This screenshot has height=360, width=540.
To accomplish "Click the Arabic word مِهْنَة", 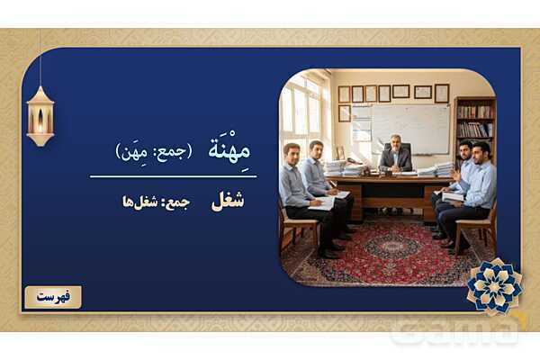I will coord(227,150).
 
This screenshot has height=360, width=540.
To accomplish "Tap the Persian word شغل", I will coord(228,201).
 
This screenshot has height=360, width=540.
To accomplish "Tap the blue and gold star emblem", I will coord(493,285).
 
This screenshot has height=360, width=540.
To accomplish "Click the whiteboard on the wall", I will coord(410,126).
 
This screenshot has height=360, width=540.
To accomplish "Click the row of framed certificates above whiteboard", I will coord(392,93).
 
